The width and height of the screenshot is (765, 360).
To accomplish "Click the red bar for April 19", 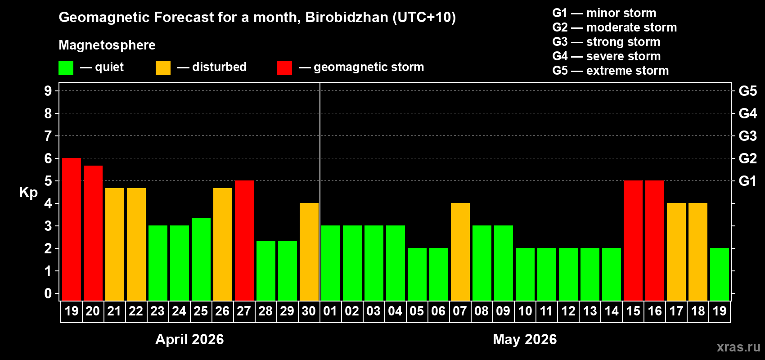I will [72, 229].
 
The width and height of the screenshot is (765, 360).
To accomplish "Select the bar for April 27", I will [244, 241].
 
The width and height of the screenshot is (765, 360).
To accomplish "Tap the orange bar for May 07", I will [460, 252].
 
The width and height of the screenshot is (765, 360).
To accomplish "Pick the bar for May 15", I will [633, 241].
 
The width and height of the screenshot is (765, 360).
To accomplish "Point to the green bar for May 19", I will [720, 274].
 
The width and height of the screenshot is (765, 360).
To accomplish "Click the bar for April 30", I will [309, 252].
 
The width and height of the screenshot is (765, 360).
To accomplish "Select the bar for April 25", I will [201, 260].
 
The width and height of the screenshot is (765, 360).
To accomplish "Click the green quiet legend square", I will [66, 68].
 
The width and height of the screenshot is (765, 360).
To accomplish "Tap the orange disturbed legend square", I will [163, 68].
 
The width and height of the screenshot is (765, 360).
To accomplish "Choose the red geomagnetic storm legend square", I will [284, 68].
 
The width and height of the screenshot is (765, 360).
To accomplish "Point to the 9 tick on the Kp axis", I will [48, 91].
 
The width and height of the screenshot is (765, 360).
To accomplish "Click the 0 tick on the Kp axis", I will [48, 294].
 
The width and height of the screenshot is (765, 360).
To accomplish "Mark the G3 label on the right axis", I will [747, 136].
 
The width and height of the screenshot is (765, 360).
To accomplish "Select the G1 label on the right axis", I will [747, 181].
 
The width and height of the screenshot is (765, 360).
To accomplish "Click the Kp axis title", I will [28, 193].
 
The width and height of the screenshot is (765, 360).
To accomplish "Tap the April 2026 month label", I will [189, 339].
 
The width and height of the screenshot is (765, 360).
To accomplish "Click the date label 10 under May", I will [525, 311].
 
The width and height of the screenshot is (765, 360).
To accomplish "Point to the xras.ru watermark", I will [738, 347].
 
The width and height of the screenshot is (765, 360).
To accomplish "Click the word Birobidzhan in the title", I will [346, 17].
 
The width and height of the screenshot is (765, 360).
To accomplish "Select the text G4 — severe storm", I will [607, 56].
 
